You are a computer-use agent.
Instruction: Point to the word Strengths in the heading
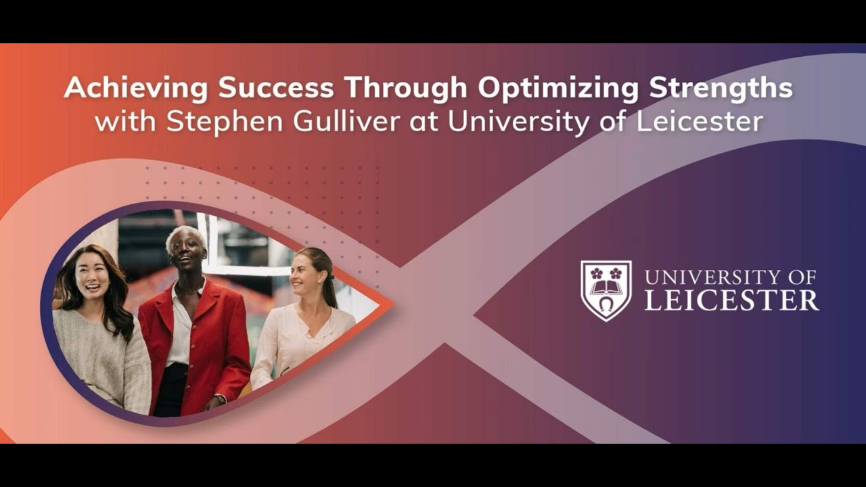pos(722,89)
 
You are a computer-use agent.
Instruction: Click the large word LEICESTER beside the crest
pos(731,300)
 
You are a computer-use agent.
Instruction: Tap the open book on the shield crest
pos(606,287)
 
